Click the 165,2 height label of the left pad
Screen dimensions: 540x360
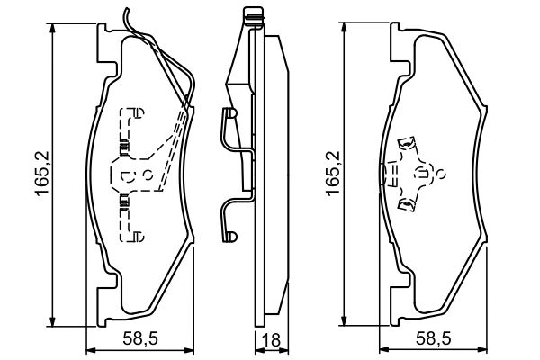click(42, 174)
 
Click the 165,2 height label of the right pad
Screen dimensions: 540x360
click(333, 174)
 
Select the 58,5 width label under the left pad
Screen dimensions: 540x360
click(140, 338)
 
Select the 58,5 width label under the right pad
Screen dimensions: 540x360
click(433, 338)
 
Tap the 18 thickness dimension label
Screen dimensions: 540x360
click(272, 340)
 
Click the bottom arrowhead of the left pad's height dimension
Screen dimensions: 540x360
click(52, 320)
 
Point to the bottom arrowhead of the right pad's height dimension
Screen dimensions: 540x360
click(344, 319)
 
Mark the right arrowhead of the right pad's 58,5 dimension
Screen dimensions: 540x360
click(482, 351)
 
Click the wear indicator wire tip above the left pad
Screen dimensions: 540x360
click(126, 9)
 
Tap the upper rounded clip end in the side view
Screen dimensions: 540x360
click(229, 113)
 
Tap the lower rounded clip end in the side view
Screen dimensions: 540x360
click(229, 237)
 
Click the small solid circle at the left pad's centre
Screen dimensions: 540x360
click(148, 175)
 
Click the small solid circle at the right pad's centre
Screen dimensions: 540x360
click(440, 174)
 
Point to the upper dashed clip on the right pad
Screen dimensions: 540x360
click(408, 143)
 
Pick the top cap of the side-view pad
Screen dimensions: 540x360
click(255, 16)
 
